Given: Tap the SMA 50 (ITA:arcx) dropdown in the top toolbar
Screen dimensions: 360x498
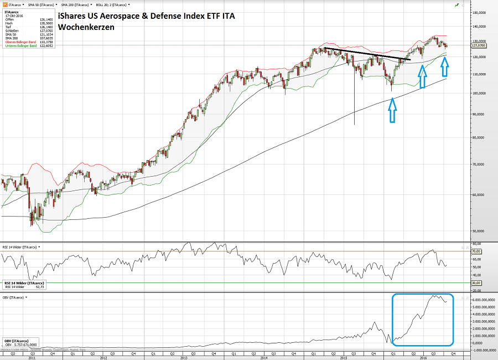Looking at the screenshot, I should (42, 4).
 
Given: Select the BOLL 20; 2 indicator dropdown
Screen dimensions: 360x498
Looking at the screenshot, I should (112, 4).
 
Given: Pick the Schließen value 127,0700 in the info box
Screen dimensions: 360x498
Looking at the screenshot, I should (46, 30).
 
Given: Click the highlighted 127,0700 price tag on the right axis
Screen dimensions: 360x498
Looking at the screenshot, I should (478, 46).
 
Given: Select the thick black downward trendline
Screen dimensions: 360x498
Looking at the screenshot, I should (367, 54).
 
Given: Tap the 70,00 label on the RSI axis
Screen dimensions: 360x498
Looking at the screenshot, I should (476, 251).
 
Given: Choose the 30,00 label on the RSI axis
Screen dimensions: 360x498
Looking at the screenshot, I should (476, 282).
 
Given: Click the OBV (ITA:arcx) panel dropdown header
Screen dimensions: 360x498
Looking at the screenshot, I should (14, 297).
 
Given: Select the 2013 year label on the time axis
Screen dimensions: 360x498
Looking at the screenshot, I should (183, 358).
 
